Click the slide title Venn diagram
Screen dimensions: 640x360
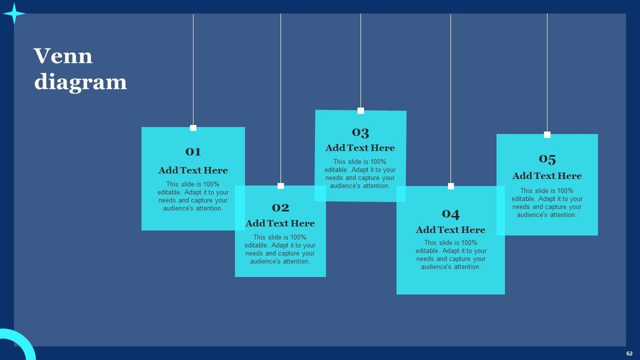[x=80, y=69]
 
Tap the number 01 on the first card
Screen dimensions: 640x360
[x=193, y=151]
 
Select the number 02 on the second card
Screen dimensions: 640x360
[x=280, y=207]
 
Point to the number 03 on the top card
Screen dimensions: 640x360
[x=360, y=132]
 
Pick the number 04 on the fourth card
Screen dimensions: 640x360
[x=450, y=213]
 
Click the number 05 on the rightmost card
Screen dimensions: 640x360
[x=547, y=159]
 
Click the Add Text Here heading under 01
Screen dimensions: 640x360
[x=193, y=170]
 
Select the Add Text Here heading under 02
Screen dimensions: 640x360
[x=280, y=223]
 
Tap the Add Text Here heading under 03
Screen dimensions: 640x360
[x=360, y=148]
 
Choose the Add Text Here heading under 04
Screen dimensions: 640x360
[x=450, y=230]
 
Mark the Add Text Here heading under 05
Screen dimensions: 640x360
[x=547, y=176]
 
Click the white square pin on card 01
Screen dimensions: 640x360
[x=193, y=128]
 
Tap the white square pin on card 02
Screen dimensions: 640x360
[x=280, y=186]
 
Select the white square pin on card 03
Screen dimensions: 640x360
[x=360, y=111]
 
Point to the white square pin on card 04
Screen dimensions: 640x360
[x=450, y=186]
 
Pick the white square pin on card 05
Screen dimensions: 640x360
[x=547, y=134]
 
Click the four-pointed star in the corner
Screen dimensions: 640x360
[x=14, y=13]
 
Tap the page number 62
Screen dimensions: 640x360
[x=629, y=353]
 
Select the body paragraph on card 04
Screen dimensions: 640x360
[x=450, y=255]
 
